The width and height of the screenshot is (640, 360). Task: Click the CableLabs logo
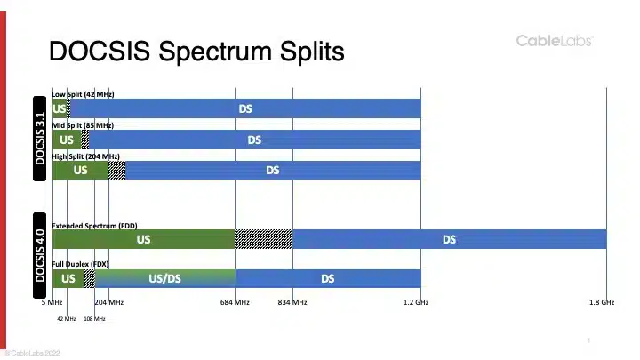click(555, 41)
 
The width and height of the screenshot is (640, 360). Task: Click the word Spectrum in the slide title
click(215, 52)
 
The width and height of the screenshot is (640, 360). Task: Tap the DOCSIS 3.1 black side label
click(40, 139)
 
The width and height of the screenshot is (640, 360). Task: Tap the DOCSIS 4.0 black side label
click(40, 255)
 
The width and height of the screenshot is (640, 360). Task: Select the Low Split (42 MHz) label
click(84, 94)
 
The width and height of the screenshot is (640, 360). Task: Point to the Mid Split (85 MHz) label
click(83, 125)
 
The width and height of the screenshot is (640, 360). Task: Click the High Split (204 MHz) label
click(85, 156)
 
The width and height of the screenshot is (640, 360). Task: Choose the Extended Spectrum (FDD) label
click(95, 226)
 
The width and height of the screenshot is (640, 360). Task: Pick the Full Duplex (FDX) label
click(80, 264)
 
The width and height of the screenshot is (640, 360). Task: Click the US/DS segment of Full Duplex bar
click(165, 278)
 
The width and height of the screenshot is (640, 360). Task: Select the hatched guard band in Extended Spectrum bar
click(264, 239)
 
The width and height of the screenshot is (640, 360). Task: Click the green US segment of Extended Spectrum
click(144, 239)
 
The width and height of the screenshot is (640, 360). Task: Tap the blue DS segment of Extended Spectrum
click(450, 239)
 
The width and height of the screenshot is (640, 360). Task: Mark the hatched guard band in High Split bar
click(117, 170)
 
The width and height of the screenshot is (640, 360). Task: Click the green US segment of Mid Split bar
click(67, 140)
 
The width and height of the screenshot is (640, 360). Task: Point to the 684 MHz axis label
click(235, 302)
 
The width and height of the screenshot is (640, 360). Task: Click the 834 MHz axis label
click(292, 302)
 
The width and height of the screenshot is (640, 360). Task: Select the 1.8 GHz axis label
click(602, 302)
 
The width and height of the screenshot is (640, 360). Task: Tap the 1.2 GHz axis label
click(416, 302)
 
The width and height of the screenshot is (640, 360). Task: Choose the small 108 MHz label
click(94, 319)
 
